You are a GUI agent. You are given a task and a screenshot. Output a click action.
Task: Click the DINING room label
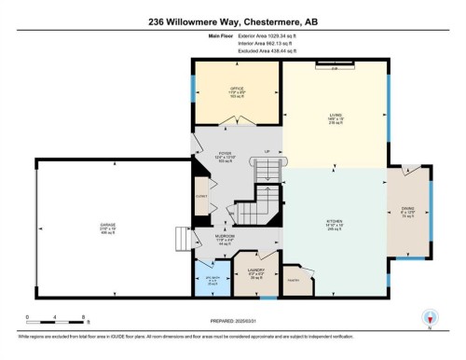[408, 211]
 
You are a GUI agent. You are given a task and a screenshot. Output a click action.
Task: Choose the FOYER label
[225, 154]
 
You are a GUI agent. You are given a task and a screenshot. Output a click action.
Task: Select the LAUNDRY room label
[258, 271]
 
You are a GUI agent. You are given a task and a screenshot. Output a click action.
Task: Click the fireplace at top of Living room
[334, 65]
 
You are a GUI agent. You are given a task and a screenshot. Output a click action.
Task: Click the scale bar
[43, 322]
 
